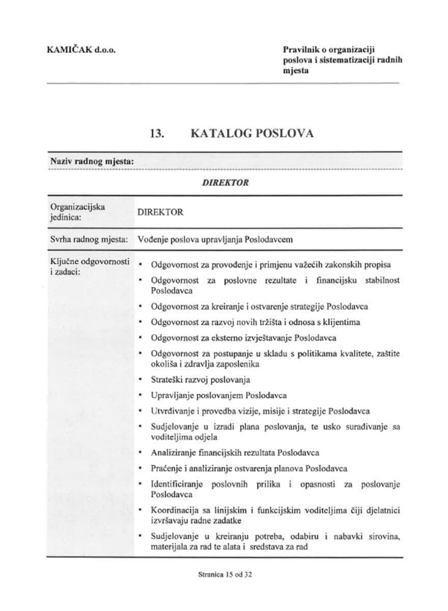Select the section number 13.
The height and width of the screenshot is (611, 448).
tap(156, 133)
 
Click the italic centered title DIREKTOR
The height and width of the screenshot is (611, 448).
tap(225, 183)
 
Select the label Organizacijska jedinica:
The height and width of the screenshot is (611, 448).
tap(77, 212)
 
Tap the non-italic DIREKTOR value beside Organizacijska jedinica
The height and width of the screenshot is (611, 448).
tap(160, 212)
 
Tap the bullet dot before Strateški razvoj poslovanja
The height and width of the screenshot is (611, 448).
tap(140, 379)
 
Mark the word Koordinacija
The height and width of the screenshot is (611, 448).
tap(174, 510)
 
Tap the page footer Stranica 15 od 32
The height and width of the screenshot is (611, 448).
tap(225, 574)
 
